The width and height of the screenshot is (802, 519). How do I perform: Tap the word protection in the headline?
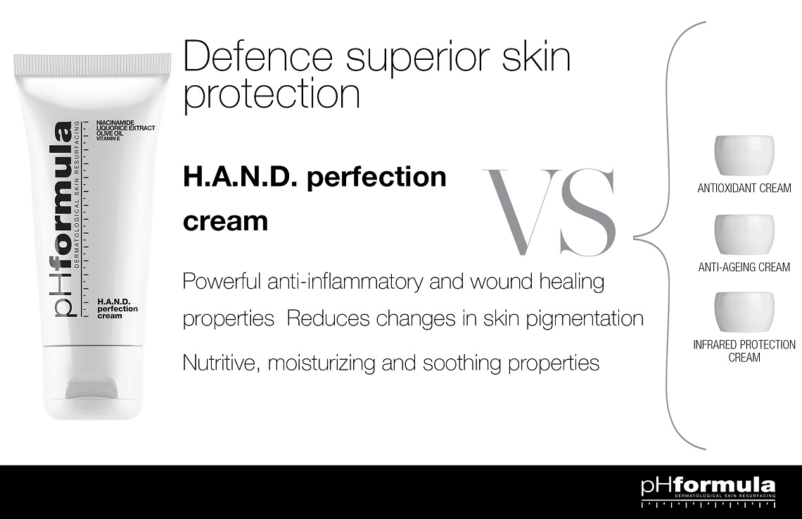[x=272, y=94]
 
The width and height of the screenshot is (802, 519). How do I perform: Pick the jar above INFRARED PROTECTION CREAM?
[x=744, y=312]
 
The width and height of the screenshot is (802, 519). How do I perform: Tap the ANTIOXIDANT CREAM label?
[x=744, y=188]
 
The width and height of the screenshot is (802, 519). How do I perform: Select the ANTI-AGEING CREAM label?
[x=744, y=267]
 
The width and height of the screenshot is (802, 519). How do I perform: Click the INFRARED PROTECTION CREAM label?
[x=744, y=351]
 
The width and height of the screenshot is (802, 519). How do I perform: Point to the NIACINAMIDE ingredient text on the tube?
[x=115, y=123]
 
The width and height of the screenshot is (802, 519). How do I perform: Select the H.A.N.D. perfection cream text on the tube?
[x=117, y=308]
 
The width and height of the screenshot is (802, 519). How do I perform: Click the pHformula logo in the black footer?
[x=708, y=485]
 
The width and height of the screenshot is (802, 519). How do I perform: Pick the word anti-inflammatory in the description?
[x=345, y=282]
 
